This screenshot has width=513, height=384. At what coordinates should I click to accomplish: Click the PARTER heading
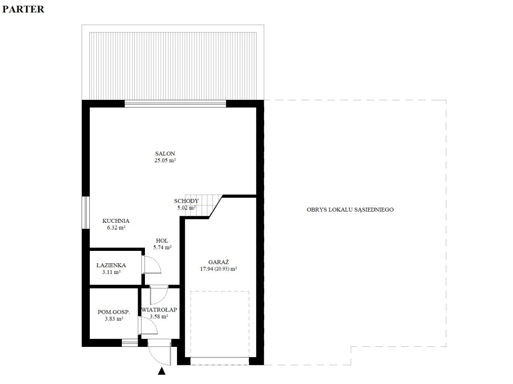tap(23, 9)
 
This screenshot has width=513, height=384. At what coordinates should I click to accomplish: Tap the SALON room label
tap(165, 154)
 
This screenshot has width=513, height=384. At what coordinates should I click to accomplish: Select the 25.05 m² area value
tap(165, 160)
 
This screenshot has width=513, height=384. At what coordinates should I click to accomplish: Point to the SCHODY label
tap(186, 201)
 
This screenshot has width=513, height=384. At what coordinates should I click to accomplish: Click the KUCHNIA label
tap(116, 221)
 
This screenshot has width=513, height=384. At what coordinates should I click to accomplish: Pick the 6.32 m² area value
tap(116, 227)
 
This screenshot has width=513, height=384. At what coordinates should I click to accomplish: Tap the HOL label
tap(162, 241)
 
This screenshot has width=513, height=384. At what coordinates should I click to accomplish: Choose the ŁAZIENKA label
tap(111, 265)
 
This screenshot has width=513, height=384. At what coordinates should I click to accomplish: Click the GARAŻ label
tap(218, 262)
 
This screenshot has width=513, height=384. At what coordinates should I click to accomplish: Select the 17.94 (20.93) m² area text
tap(218, 269)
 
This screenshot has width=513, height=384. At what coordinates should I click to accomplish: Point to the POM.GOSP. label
tap(114, 312)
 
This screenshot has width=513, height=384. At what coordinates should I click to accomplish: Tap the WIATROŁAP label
tap(159, 310)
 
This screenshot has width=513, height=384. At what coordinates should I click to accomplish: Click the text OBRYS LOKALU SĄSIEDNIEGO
tap(350, 209)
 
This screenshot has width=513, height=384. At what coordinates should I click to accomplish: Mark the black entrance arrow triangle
tap(162, 371)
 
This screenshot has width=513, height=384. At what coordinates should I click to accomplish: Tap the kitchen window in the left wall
tap(85, 212)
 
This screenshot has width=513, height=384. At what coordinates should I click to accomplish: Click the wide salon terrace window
tap(175, 104)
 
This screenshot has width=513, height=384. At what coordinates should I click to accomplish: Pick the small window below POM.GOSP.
tap(130, 343)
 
